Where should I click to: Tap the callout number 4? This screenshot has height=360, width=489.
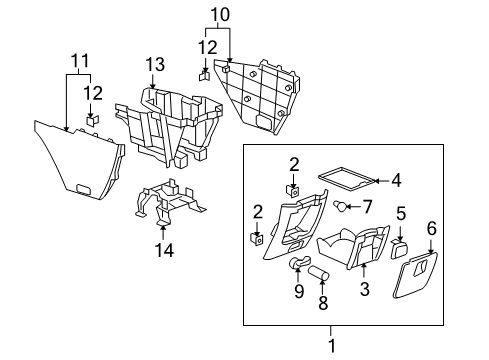[396, 181]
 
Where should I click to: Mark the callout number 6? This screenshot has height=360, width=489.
[432, 229]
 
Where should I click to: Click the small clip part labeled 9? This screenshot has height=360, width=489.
[298, 265]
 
